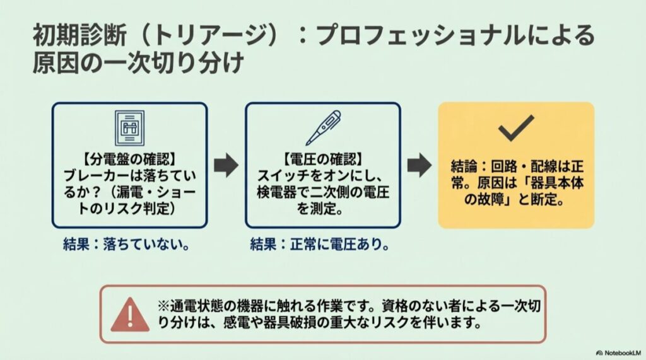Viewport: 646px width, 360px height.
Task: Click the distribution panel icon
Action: tap(129, 128)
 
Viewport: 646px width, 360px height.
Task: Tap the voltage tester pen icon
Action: tap(322, 127)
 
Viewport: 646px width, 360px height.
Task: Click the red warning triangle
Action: tap(130, 314)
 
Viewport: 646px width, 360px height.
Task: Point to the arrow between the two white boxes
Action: tap(226, 165)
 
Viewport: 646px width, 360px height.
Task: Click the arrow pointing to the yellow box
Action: tap(419, 165)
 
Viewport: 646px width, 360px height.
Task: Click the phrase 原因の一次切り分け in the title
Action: tap(138, 64)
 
